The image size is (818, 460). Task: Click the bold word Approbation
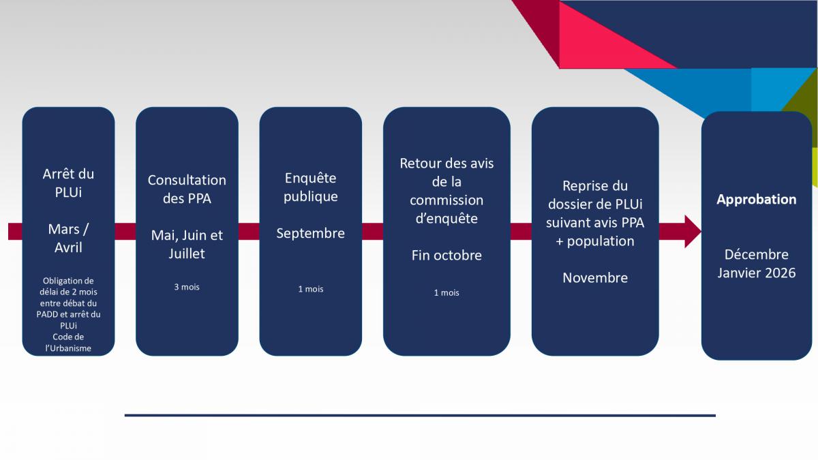(756, 199)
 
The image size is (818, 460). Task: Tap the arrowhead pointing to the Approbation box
(693, 232)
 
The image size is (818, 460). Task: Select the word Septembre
(310, 234)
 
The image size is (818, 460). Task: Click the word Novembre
(595, 278)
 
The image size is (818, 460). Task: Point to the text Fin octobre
(446, 256)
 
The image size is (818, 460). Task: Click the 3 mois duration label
(187, 287)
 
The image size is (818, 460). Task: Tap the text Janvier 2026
(756, 273)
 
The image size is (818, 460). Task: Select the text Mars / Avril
(68, 239)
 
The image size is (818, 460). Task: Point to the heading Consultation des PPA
(187, 189)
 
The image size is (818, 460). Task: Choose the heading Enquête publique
(310, 187)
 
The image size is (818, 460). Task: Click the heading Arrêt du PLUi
(68, 183)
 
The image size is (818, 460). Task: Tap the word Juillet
(187, 254)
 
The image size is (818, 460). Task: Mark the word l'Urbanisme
(68, 348)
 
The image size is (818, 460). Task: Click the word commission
(446, 200)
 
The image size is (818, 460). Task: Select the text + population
(595, 241)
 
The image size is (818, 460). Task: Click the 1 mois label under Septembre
(310, 289)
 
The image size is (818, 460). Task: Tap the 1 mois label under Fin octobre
(446, 293)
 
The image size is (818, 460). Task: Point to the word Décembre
(756, 254)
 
